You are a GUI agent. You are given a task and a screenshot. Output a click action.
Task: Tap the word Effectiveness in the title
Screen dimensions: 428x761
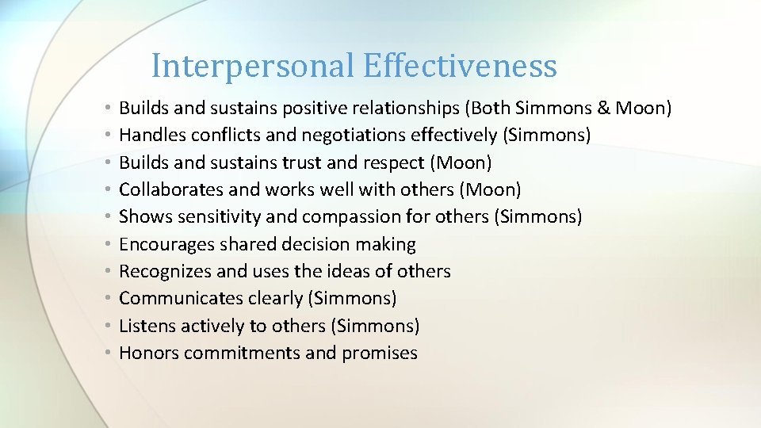tap(461, 66)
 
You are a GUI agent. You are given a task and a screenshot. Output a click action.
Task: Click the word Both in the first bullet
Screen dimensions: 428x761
tap(501, 108)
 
